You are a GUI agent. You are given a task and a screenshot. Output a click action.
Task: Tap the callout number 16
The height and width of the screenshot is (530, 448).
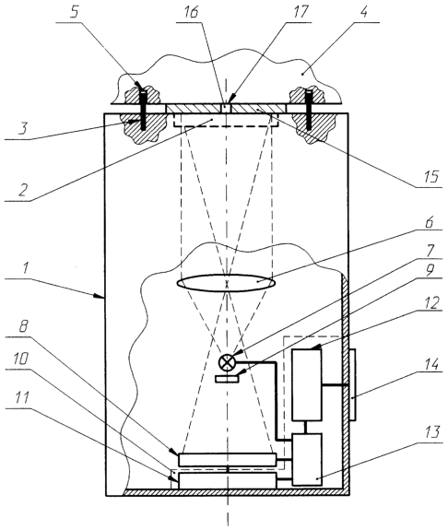click(191, 12)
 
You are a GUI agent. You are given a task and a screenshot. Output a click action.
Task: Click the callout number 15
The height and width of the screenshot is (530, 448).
click(430, 176)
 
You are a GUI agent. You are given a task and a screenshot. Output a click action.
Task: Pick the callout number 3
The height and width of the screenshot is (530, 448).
click(23, 127)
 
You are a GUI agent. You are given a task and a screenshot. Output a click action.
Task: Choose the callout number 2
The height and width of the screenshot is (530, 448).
click(22, 190)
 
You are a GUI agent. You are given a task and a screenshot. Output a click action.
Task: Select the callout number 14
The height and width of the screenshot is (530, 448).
click(431, 364)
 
